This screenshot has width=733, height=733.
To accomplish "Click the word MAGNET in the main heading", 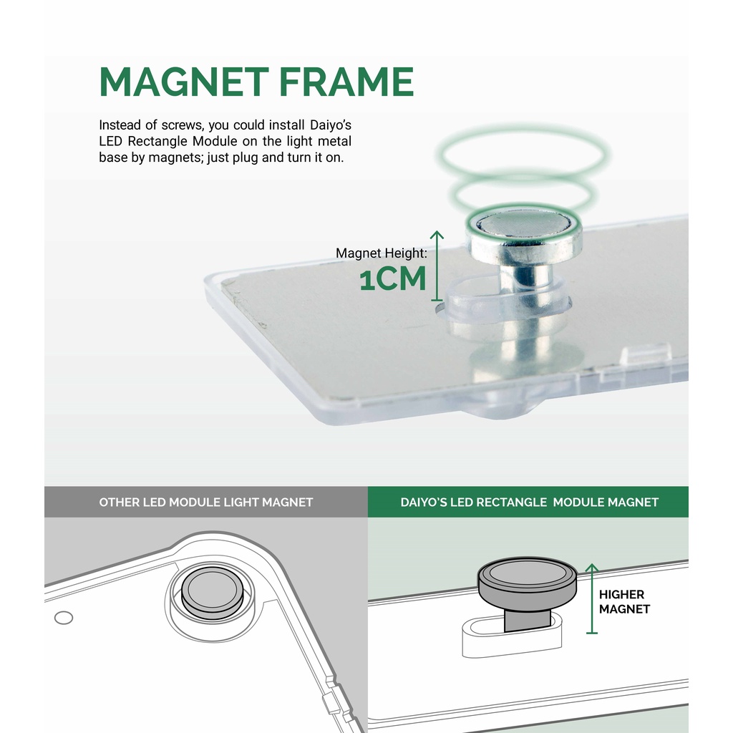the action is tap(184, 82).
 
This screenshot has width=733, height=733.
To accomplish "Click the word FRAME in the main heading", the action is tap(346, 82).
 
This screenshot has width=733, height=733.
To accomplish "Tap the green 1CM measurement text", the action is tap(393, 279).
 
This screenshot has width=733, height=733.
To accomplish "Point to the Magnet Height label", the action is tap(381, 253).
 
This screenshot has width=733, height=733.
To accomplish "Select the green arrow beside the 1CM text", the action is tap(437, 266).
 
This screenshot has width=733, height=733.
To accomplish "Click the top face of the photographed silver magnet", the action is tap(524, 223).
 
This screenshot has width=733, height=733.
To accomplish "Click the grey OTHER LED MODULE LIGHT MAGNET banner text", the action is tap(205, 502).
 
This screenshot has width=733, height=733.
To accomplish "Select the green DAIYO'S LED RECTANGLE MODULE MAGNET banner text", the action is tap(529, 502).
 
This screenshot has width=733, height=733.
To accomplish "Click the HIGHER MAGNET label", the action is tap(624, 601).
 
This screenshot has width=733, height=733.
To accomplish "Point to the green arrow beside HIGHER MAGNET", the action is tap(592, 599).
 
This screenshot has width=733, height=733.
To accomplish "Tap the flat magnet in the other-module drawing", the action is tap(212, 592).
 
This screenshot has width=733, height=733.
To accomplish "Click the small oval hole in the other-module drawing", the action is tap(64, 618).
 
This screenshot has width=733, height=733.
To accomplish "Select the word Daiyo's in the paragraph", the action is tap(331, 125).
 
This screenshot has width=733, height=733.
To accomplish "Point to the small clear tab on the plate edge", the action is tap(646, 354).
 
